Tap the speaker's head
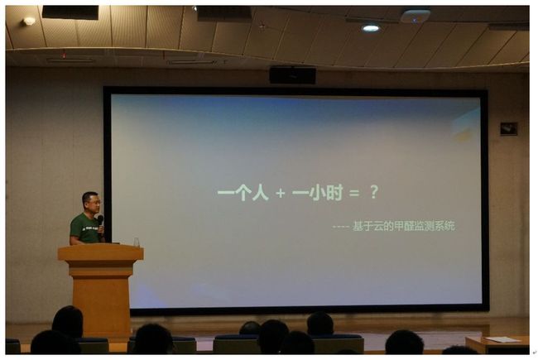91,203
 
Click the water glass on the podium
137,242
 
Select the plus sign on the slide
281,193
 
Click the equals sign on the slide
353,193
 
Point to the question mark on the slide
374,192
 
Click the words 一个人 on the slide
243,193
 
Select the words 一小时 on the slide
317,193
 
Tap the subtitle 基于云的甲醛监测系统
404,226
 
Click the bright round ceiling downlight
371,28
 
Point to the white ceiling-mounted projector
416,16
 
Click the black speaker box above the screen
292,75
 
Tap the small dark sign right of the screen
509,129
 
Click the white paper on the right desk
503,340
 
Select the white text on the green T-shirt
90,228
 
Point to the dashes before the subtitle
341,227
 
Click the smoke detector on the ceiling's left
29,22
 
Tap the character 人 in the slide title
260,193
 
